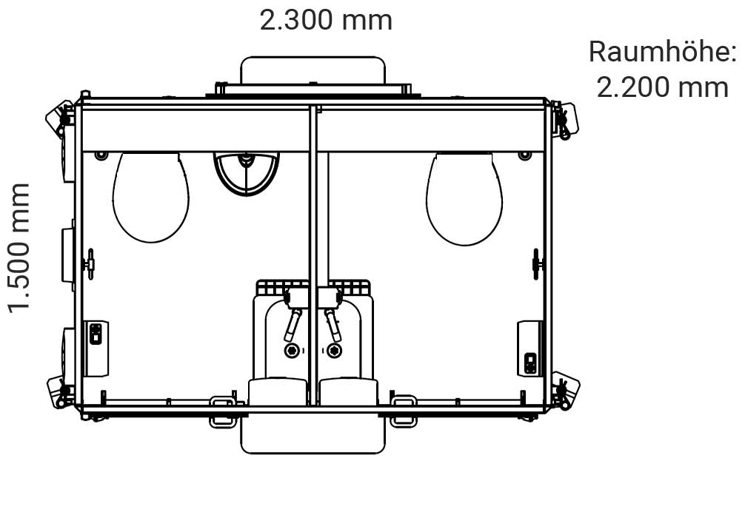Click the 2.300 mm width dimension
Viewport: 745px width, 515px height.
pos(326,21)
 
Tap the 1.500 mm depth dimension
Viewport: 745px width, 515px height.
pos(20,248)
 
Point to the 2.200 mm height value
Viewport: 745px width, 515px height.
pos(662,88)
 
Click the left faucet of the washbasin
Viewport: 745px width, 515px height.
pos(293,325)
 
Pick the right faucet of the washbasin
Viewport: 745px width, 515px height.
pos(333,325)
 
